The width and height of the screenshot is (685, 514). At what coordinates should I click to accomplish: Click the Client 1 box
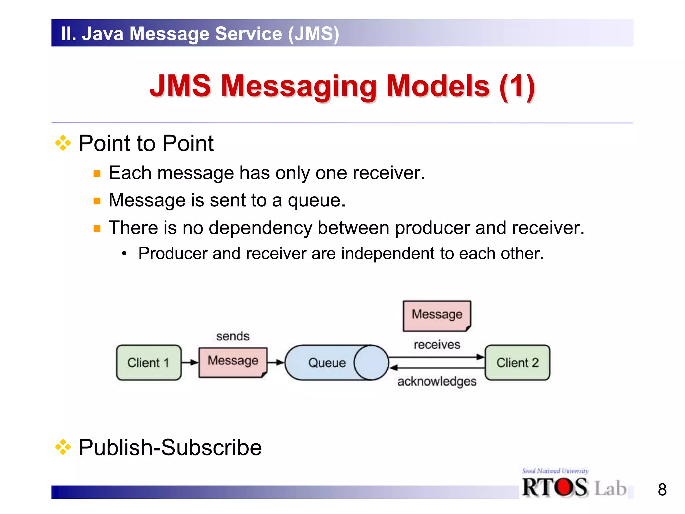[149, 363]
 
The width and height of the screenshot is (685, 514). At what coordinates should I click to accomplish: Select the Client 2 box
[517, 363]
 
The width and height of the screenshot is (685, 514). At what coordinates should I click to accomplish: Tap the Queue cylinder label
[327, 363]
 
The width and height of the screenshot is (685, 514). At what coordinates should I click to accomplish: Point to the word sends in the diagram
[233, 336]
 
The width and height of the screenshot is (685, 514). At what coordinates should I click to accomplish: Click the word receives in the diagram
[437, 345]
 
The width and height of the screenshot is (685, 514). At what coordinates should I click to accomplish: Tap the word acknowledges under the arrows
[437, 381]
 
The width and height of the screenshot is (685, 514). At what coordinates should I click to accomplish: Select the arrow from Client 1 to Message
[190, 362]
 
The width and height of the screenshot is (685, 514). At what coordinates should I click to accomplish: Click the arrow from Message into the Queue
[276, 362]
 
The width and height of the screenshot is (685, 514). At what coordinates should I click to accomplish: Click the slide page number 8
[662, 490]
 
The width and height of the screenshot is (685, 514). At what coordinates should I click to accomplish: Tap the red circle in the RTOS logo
[564, 487]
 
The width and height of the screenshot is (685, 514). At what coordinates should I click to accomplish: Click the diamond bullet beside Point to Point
[63, 143]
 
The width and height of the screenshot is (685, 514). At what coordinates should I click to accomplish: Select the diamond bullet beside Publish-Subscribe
[63, 447]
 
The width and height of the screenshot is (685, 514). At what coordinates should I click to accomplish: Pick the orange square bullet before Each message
[97, 174]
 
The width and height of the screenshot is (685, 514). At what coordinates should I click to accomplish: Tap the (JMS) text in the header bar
[314, 34]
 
